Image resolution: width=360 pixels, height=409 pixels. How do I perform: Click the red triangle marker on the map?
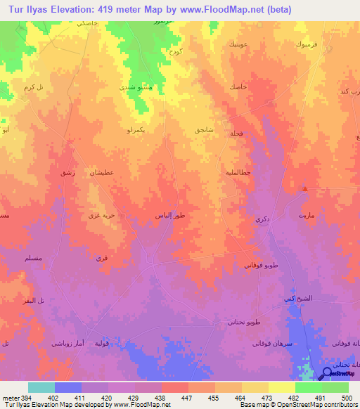coord(304,188)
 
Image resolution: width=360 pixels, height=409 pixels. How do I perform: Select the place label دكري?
coord(261,220)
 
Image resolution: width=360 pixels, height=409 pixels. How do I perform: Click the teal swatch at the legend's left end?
coord(41,387)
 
